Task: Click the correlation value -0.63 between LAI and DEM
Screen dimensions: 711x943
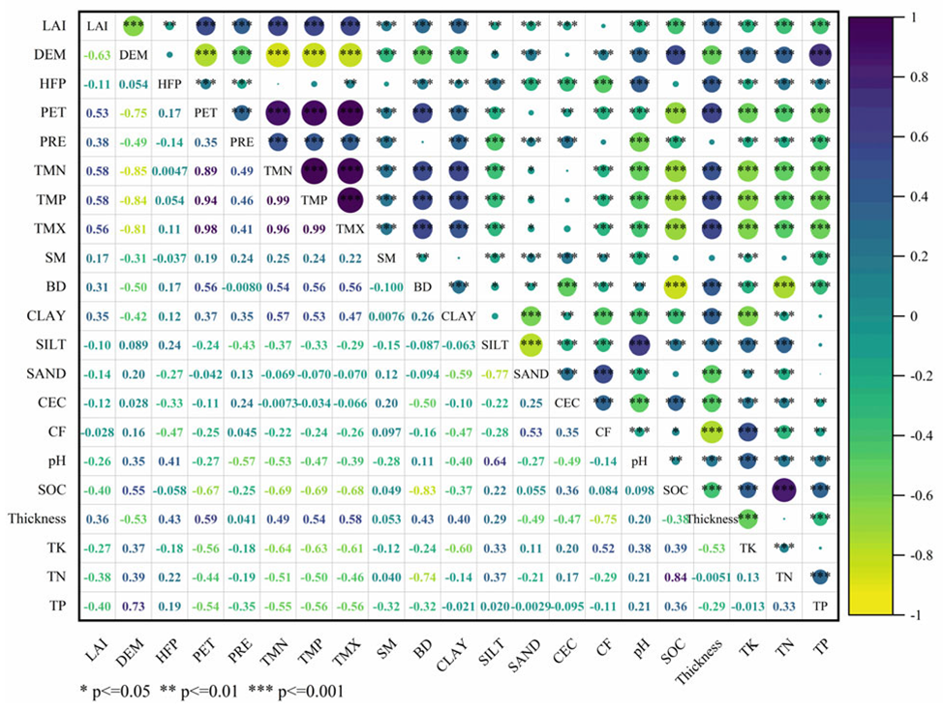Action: pyautogui.click(x=96, y=55)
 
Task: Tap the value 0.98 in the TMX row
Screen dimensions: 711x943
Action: pyautogui.click(x=205, y=230)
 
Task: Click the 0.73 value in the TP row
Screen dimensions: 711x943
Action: pyautogui.click(x=133, y=607)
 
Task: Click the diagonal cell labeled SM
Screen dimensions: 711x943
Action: pyautogui.click(x=385, y=258)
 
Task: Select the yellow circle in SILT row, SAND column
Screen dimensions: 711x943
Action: pyautogui.click(x=531, y=345)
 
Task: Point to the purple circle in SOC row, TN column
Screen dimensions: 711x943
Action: pyautogui.click(x=783, y=490)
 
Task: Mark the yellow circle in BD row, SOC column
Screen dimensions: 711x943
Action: pyautogui.click(x=675, y=287)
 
